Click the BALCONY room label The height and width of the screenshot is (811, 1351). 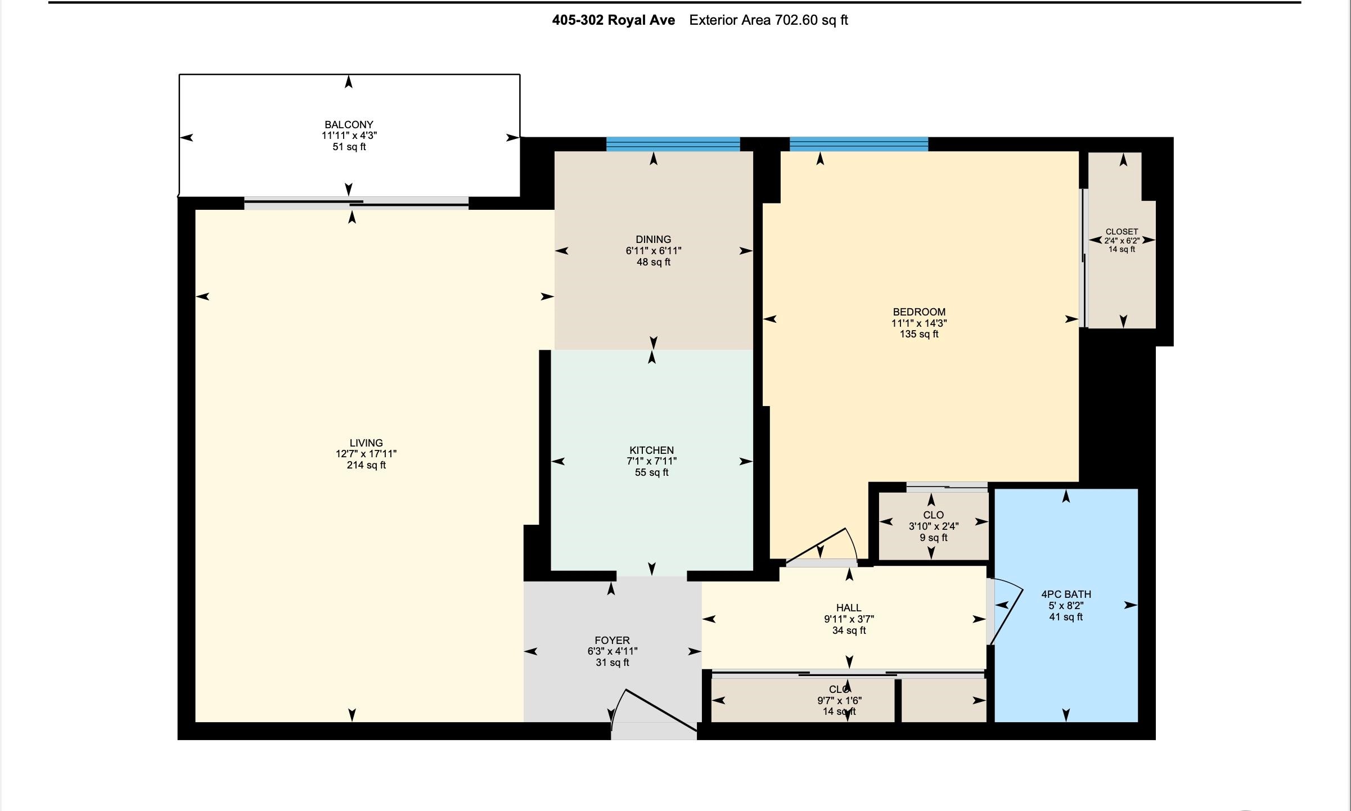(349, 124)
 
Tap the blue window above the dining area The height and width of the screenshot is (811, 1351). (673, 145)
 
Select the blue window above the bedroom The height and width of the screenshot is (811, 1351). (858, 145)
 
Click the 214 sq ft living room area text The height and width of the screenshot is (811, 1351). (366, 465)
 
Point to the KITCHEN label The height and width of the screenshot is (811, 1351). (651, 450)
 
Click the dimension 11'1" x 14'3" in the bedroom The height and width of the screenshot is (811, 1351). (919, 323)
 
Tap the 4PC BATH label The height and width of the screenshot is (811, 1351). (1066, 594)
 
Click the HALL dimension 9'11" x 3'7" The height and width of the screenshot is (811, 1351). (849, 619)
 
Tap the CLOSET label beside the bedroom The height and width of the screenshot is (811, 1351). (1122, 232)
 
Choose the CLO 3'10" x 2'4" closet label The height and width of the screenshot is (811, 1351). (933, 526)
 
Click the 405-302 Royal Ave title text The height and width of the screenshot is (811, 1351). (613, 20)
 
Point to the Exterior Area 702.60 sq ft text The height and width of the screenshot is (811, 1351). (768, 20)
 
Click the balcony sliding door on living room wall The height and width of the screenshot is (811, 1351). (356, 203)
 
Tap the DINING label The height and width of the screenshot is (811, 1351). (653, 240)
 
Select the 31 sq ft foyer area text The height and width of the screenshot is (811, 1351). (612, 663)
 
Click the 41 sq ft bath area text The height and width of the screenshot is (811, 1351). (1066, 617)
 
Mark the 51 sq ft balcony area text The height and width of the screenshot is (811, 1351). (349, 147)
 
